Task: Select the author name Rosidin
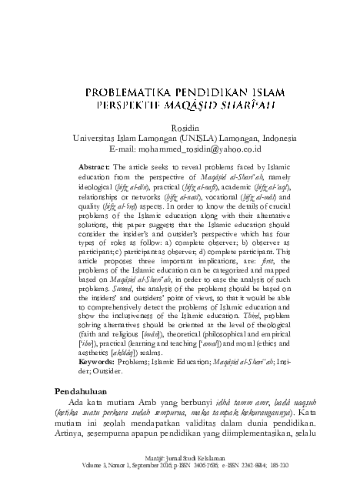pyautogui.click(x=179, y=129)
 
